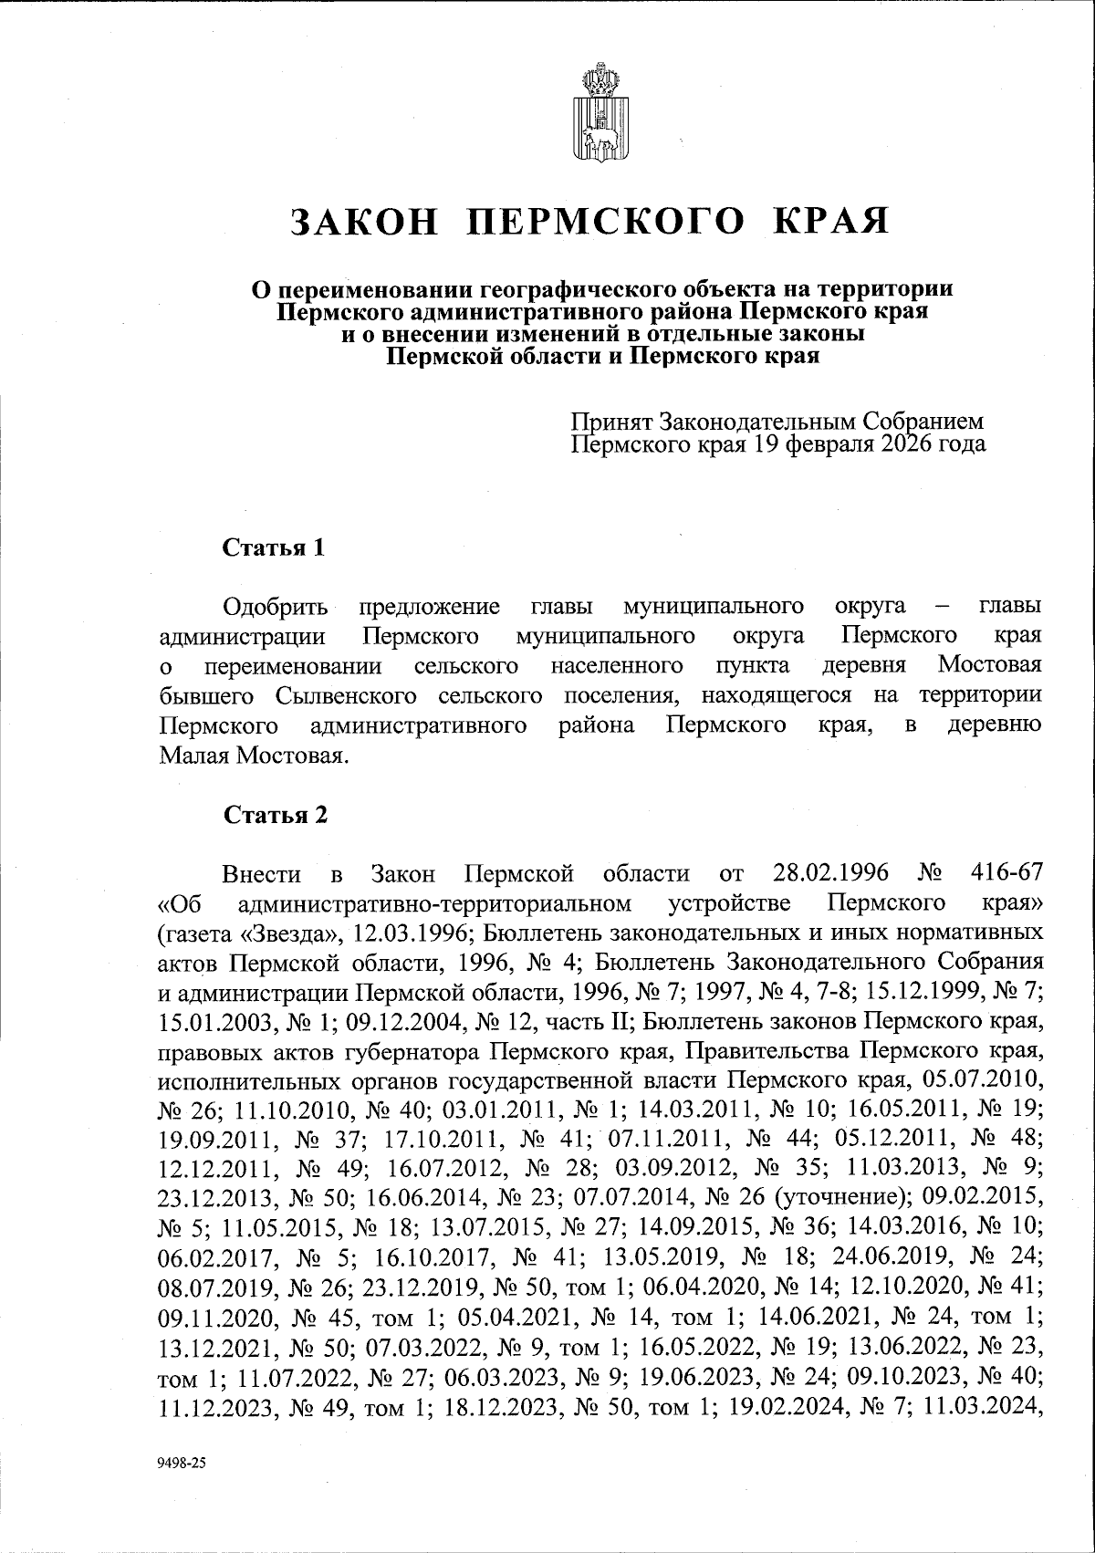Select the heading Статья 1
click(274, 547)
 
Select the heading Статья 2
click(276, 815)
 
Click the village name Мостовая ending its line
click(989, 665)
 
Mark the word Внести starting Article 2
click(262, 873)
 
